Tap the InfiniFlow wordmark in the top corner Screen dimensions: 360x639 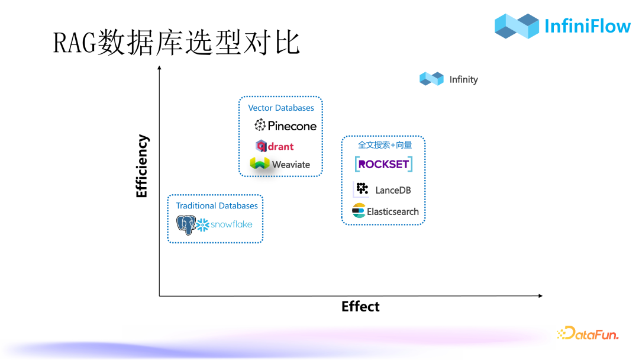[x=587, y=25]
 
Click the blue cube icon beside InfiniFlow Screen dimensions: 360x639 [x=517, y=25]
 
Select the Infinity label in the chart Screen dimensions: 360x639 [x=463, y=79]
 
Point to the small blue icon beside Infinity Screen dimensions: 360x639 [x=431, y=79]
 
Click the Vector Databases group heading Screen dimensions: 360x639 [x=281, y=108]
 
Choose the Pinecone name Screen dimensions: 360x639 [x=292, y=126]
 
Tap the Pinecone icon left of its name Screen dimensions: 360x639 [x=260, y=125]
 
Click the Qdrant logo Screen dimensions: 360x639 [x=275, y=146]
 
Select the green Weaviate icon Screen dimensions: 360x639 [x=259, y=163]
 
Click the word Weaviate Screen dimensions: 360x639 [x=291, y=165]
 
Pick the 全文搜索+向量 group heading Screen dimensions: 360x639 [x=385, y=144]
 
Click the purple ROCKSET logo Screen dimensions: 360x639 [x=383, y=164]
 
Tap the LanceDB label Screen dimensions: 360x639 [x=393, y=190]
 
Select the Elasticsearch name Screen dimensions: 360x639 [x=392, y=211]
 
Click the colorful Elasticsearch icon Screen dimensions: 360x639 [x=359, y=211]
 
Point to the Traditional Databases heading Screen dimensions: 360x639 [x=217, y=205]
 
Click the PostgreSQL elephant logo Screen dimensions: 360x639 [x=186, y=225]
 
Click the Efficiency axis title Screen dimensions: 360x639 [x=142, y=166]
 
